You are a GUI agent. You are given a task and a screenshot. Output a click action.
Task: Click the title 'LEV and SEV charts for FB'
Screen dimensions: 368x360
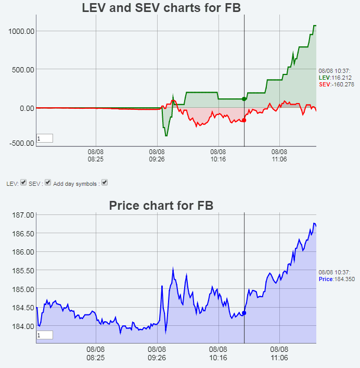(x=161, y=8)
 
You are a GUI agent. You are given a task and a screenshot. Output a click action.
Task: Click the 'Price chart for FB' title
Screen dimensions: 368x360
(x=161, y=206)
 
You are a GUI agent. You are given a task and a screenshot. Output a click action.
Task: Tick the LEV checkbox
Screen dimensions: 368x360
(x=23, y=183)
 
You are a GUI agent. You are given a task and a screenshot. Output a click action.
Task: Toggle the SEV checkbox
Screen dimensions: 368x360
(x=48, y=183)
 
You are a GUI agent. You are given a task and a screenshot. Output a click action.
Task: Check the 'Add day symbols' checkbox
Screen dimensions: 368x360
(x=105, y=183)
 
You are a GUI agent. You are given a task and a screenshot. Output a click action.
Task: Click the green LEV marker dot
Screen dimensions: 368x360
(x=244, y=99)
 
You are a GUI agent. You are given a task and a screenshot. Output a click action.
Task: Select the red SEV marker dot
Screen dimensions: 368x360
(x=244, y=120)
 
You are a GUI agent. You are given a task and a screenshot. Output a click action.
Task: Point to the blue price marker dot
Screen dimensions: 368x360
(x=244, y=313)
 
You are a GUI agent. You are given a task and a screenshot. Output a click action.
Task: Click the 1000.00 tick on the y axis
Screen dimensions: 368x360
(x=21, y=31)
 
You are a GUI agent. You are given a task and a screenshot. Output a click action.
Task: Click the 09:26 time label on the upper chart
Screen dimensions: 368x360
(x=157, y=156)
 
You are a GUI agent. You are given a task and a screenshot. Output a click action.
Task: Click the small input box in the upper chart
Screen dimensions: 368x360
(x=45, y=138)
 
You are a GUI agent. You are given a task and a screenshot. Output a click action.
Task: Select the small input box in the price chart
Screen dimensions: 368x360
(x=45, y=336)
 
